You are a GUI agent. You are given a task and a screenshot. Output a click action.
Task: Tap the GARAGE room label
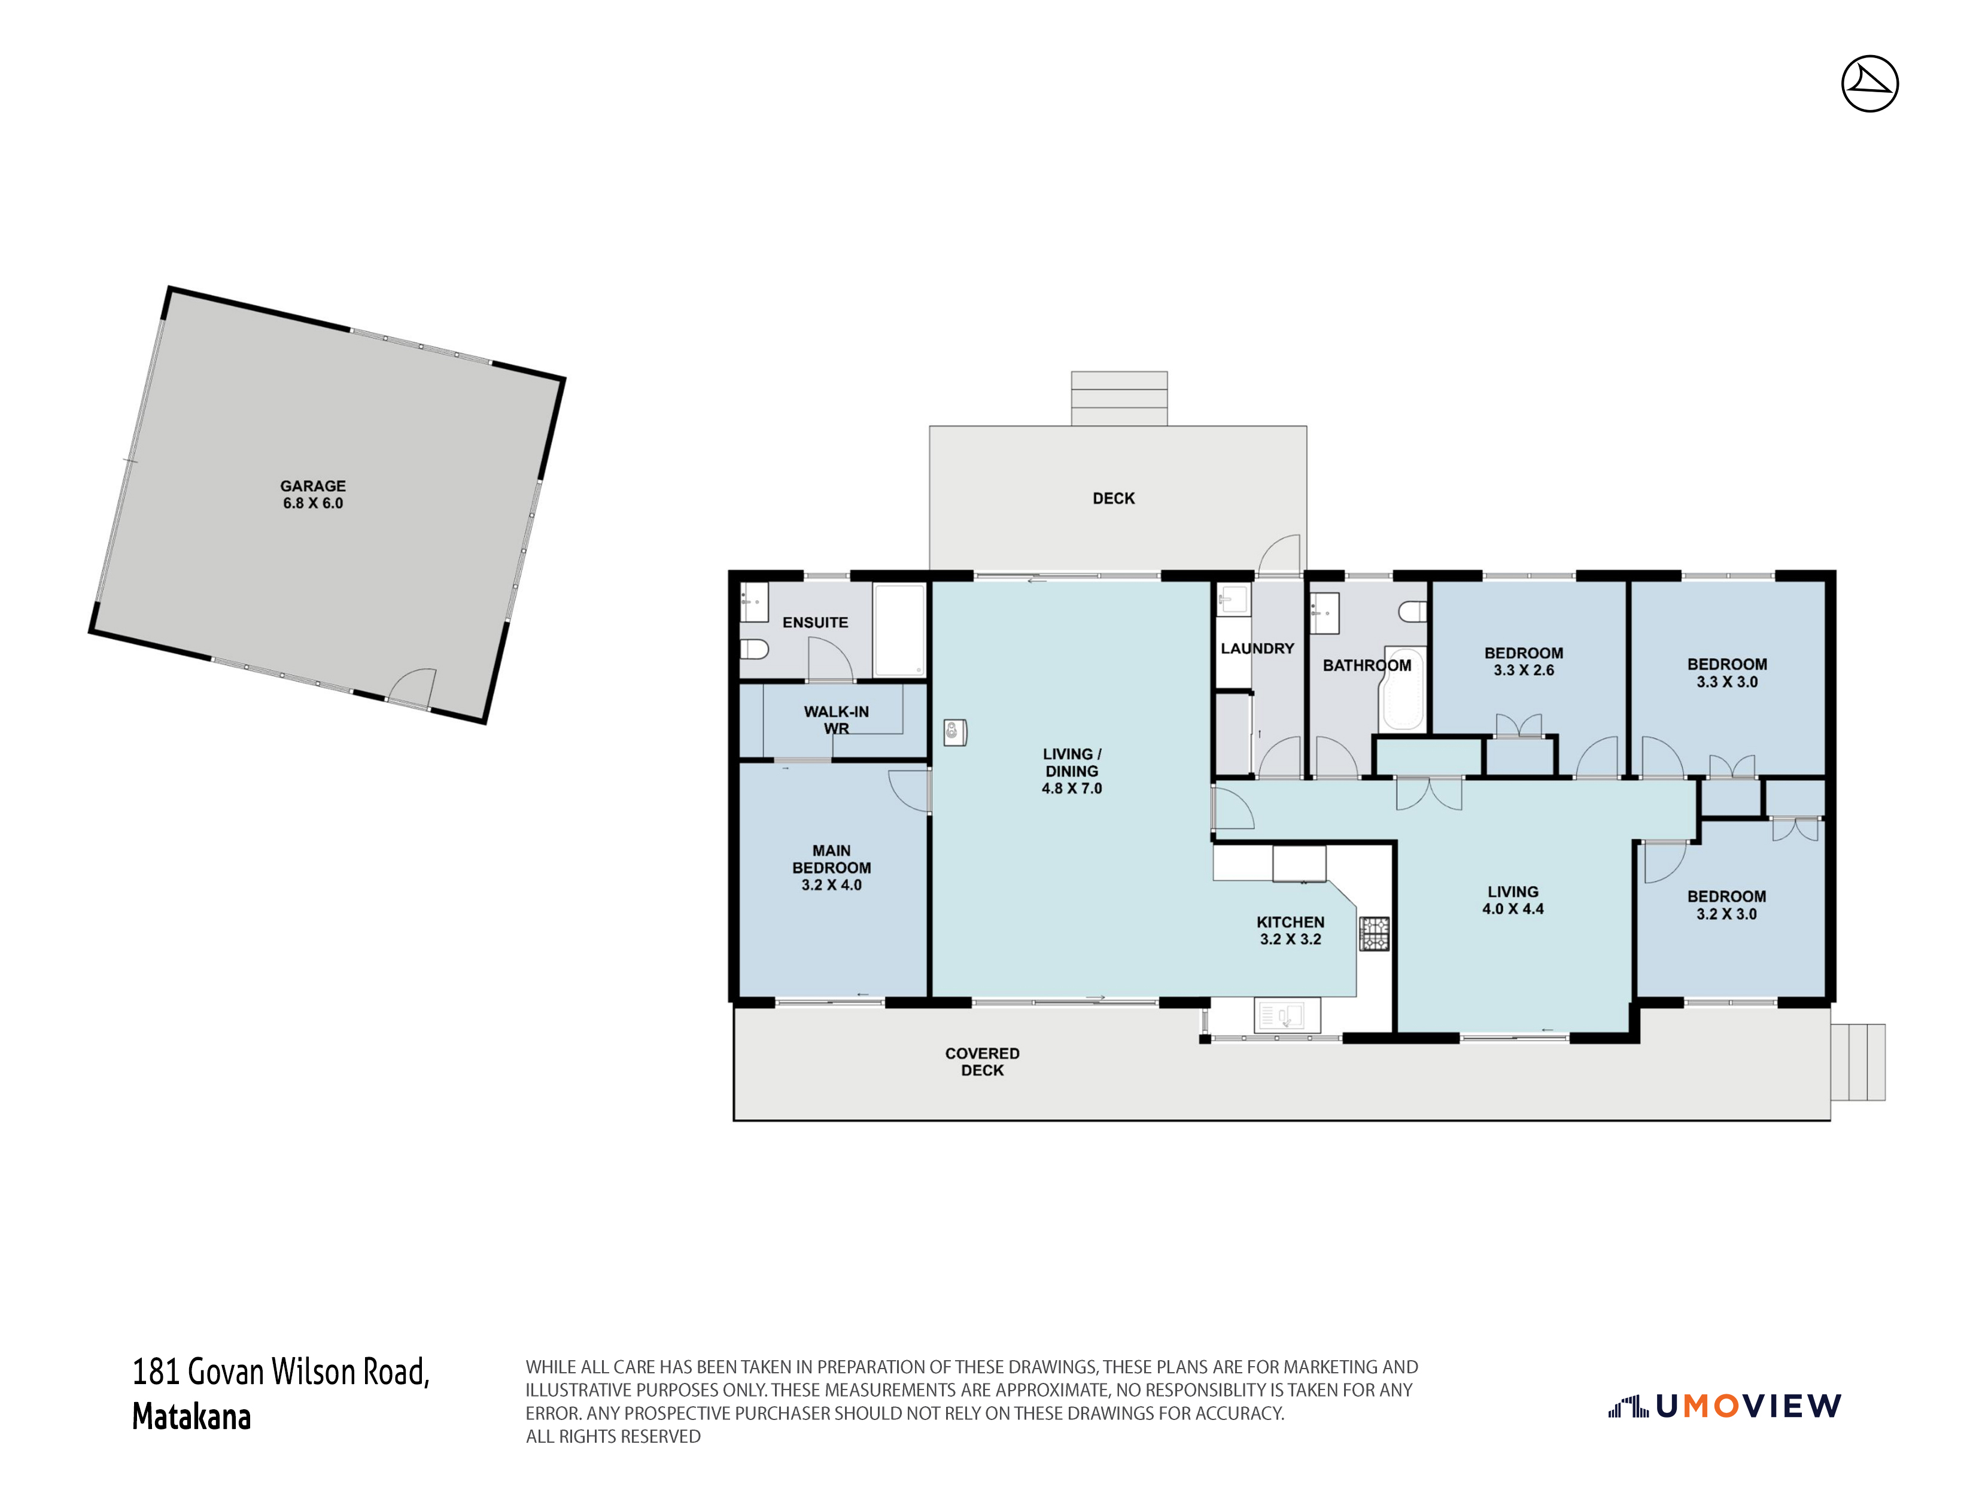pyautogui.click(x=313, y=486)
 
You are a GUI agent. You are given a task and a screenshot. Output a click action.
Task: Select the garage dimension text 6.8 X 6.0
pyautogui.click(x=313, y=503)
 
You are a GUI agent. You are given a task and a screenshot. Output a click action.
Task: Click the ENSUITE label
pyautogui.click(x=815, y=623)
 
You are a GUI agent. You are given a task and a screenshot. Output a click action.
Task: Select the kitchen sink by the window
pyautogui.click(x=1280, y=1015)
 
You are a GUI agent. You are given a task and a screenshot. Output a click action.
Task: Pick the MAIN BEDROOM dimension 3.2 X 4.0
pyautogui.click(x=831, y=885)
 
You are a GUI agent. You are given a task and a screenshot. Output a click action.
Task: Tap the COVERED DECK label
pyautogui.click(x=982, y=1062)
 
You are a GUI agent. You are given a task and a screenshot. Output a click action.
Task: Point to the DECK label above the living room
pyautogui.click(x=1114, y=498)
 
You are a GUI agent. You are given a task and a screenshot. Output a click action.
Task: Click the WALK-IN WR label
pyautogui.click(x=836, y=720)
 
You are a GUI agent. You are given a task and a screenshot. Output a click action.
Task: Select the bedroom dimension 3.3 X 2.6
pyautogui.click(x=1524, y=670)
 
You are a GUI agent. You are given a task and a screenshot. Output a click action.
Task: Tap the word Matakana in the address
pyautogui.click(x=191, y=1416)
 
